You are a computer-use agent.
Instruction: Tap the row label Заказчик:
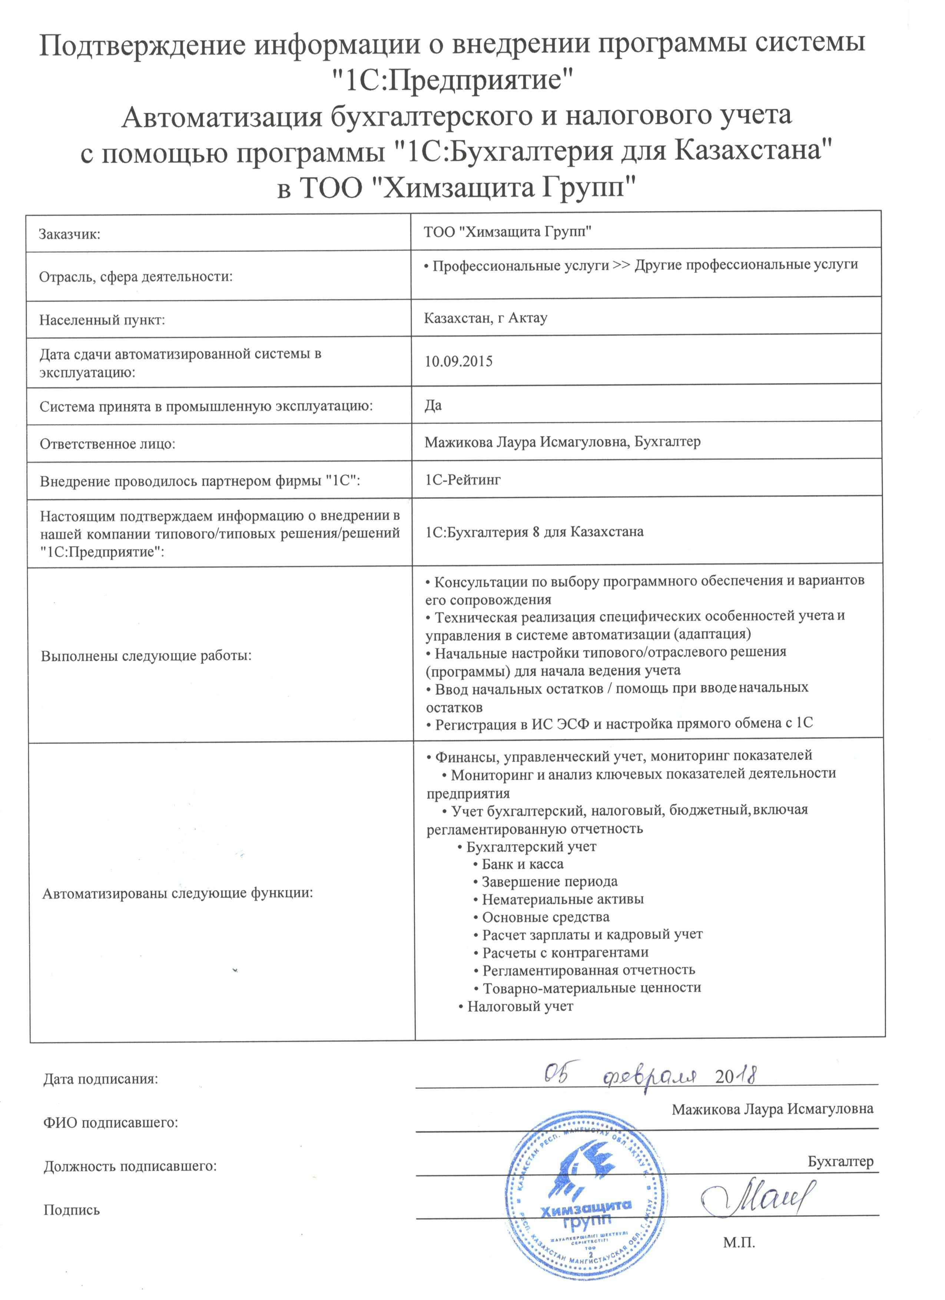(69, 234)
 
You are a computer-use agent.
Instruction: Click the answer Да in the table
(433, 405)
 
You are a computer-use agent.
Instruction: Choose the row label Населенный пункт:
(102, 320)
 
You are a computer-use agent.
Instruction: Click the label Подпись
(71, 1210)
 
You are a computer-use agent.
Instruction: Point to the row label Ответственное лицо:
(107, 444)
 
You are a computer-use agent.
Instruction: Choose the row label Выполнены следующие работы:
(146, 656)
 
